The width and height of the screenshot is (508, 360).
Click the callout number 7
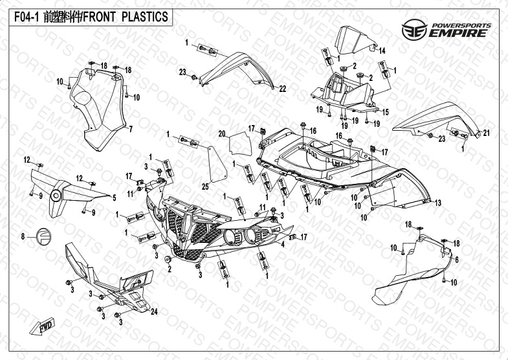[131, 129]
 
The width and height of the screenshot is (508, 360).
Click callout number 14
[382, 51]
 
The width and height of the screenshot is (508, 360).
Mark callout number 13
[438, 203]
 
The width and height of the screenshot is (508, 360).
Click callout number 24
[154, 311]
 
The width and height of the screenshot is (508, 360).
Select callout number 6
[456, 259]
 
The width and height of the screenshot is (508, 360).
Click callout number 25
[205, 186]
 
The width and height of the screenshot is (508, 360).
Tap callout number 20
[221, 134]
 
